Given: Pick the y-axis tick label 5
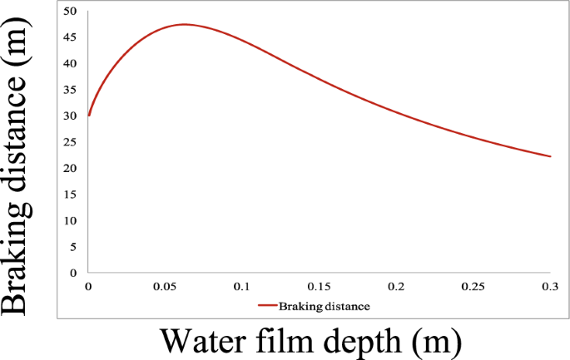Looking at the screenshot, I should coord(73,247).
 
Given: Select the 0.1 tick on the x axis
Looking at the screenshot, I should coord(242,287).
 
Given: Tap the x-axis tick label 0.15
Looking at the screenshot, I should coord(320,287).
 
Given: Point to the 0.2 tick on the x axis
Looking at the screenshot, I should coord(396,287).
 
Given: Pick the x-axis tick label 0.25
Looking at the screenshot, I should coord(473,287).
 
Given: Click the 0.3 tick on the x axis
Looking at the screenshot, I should coord(550,287).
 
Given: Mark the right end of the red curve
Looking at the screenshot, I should coord(550,156).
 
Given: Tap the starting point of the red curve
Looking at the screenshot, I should coord(88,116).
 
